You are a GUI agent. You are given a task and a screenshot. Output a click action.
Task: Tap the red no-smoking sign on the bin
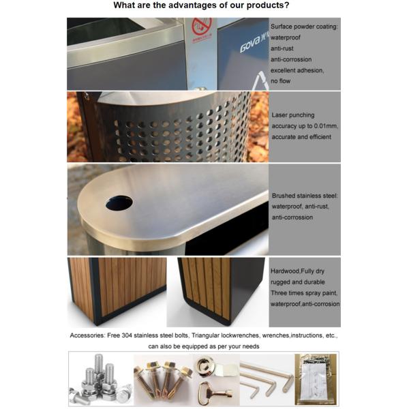point(201,26)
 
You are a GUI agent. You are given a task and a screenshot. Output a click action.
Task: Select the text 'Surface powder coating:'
point(304,27)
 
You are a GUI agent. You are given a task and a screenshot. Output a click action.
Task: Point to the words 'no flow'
point(280,81)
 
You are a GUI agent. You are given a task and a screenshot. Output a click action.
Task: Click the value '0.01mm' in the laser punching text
point(326,126)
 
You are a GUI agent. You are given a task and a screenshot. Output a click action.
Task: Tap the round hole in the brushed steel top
point(119,202)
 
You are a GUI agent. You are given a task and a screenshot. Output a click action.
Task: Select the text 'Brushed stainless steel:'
point(305,196)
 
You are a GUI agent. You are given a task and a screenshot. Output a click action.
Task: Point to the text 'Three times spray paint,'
point(304,293)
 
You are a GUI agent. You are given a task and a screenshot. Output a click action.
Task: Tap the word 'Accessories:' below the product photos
point(87,335)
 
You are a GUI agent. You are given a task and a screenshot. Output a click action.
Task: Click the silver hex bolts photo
point(101,379)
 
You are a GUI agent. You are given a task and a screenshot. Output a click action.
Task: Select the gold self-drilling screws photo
point(164,379)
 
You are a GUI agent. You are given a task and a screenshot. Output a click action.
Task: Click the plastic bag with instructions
point(316,379)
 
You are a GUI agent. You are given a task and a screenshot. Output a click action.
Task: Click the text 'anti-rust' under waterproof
point(282,48)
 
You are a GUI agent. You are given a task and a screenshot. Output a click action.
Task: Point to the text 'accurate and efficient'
point(301,137)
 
